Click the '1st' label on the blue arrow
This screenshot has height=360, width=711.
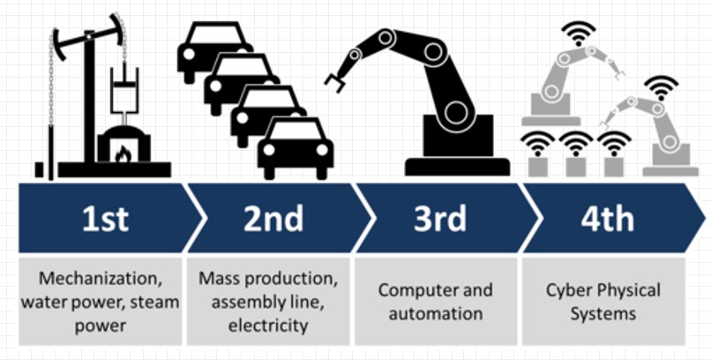[x=105, y=219]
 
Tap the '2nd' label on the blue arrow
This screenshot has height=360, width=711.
[x=273, y=219]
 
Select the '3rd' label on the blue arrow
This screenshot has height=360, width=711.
[x=440, y=219]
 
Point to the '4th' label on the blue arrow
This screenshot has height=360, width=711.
[x=608, y=219]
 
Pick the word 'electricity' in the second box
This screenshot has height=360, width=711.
[x=268, y=325]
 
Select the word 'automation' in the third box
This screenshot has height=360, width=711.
[x=435, y=314]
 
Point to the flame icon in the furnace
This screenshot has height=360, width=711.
[x=123, y=154]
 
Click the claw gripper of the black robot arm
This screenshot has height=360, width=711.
[x=336, y=83]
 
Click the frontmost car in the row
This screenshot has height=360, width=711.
[x=296, y=148]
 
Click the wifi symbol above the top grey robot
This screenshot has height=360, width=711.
[x=578, y=33]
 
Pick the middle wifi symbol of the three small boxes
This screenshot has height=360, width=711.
[x=576, y=143]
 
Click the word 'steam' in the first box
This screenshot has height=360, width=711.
[x=154, y=302]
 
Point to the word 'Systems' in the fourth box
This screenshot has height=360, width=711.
[x=603, y=314]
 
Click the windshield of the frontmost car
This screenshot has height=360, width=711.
[x=296, y=130]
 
